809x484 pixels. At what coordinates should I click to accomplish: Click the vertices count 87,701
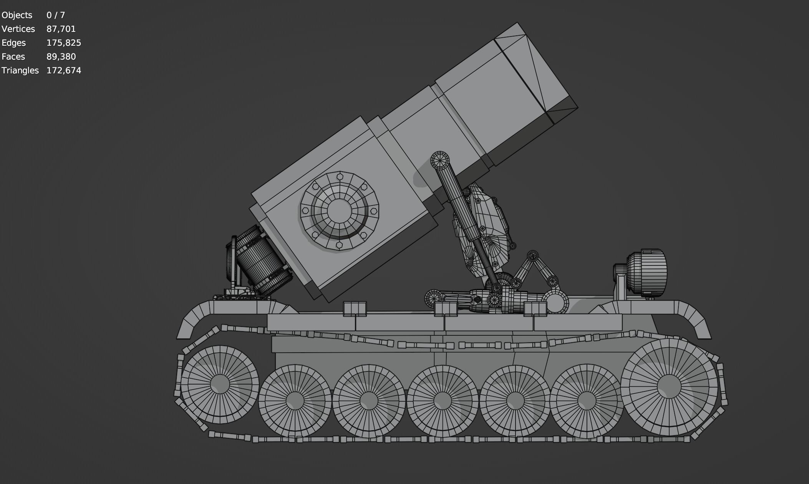point(61,29)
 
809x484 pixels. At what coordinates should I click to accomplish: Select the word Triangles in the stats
point(20,70)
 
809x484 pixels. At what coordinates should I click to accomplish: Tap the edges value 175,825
point(64,43)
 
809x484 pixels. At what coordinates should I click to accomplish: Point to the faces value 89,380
point(61,56)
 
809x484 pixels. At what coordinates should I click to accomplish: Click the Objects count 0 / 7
point(56,15)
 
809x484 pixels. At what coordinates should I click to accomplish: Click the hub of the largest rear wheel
point(669,386)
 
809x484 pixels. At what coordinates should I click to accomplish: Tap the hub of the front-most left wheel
point(220,384)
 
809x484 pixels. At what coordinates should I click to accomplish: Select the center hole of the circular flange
point(339,210)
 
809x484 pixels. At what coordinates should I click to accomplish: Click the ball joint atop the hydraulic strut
point(440,160)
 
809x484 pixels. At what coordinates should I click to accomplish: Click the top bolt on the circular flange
point(340,177)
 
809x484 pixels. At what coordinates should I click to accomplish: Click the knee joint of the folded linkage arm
point(532,256)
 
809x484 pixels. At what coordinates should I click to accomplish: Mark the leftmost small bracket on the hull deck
point(355,308)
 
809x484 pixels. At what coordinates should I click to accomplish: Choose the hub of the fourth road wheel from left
point(442,400)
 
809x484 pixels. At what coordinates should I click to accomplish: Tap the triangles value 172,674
point(64,70)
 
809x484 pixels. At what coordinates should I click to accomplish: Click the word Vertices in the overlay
point(18,29)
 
